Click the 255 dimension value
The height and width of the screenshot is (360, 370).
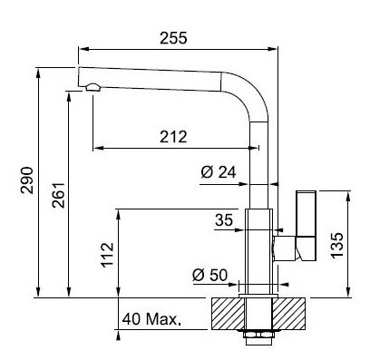tap(173, 38)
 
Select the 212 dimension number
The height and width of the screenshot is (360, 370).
tap(173, 137)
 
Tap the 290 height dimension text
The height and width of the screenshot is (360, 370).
tap(27, 180)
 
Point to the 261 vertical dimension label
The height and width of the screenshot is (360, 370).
tap(58, 195)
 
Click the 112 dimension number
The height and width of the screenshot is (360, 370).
tap(108, 255)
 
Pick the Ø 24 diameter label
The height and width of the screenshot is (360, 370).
tap(219, 172)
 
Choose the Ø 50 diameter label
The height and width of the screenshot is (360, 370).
tap(210, 275)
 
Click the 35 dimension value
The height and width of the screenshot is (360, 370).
tap(224, 219)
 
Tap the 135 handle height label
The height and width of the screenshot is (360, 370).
tap(337, 245)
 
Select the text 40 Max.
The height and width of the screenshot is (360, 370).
tap(151, 319)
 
